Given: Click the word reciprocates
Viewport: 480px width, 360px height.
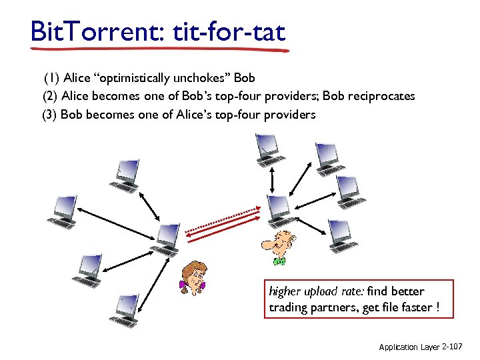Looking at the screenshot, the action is pos(380,96).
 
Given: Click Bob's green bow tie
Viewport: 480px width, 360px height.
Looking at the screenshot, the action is pos(279,261).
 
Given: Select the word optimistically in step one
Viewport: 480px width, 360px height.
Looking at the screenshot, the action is pos(134,78).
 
